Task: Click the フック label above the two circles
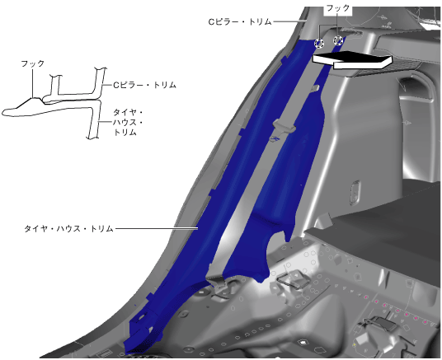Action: pos(338,8)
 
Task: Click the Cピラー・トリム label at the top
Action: pos(240,21)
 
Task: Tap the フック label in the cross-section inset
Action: pos(33,63)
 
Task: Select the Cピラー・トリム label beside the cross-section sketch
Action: pos(145,85)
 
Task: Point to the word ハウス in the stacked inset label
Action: pos(125,123)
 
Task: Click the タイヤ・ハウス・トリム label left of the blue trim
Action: pos(68,228)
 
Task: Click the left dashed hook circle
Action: pos(319,43)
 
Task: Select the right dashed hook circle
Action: pos(338,40)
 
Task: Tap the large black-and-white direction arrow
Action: pos(352,59)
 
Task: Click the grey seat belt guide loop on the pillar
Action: pos(284,126)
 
